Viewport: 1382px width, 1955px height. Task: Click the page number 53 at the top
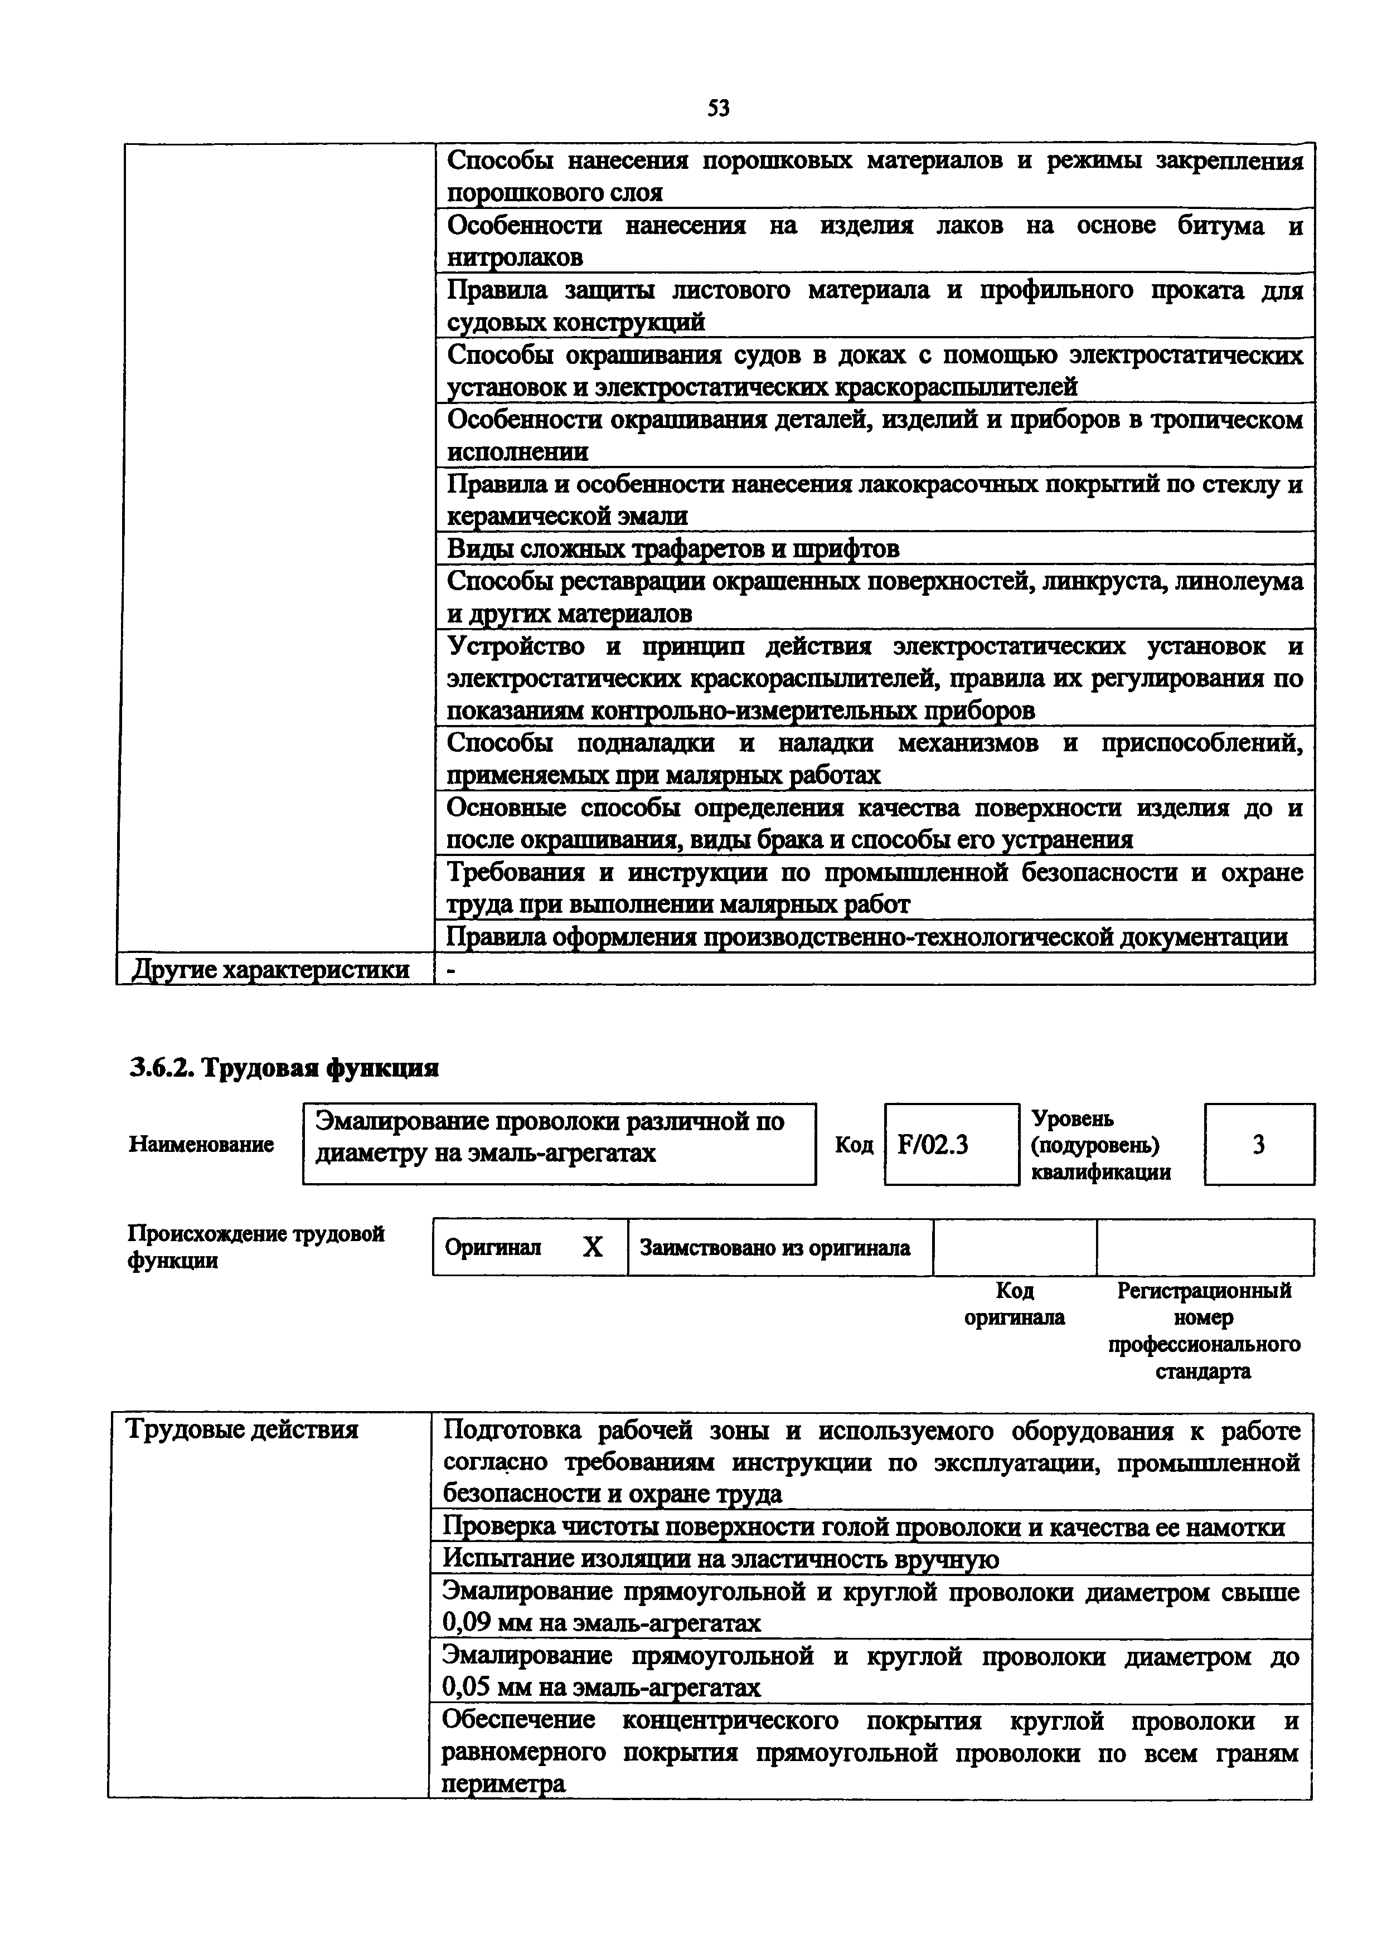click(x=719, y=109)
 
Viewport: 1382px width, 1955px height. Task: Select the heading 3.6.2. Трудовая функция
click(x=284, y=1068)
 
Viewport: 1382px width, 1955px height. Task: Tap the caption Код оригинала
click(x=1014, y=1304)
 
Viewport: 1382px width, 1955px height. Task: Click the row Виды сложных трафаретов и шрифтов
click(x=673, y=549)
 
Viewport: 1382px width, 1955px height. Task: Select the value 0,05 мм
click(x=483, y=1687)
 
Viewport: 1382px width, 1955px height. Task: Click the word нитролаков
click(x=515, y=257)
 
